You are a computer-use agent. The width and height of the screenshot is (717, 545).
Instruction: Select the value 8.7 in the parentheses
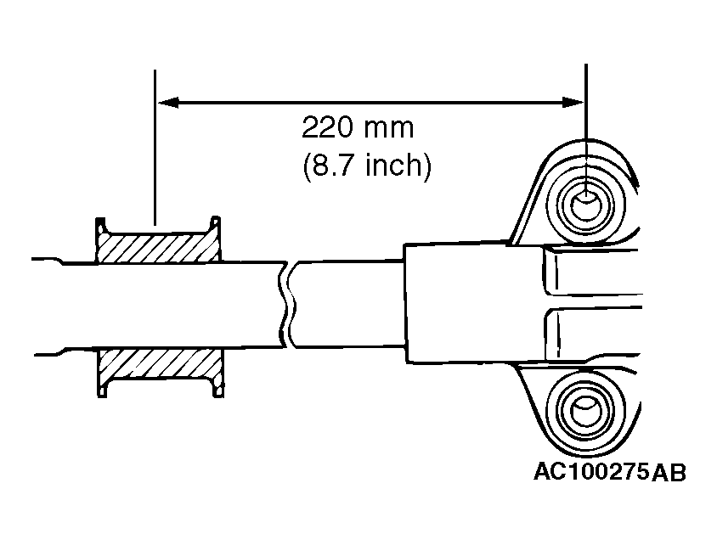[x=335, y=165]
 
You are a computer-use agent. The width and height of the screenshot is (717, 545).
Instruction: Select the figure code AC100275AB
[x=609, y=472]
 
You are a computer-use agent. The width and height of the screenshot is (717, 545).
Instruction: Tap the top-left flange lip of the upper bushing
[x=101, y=224]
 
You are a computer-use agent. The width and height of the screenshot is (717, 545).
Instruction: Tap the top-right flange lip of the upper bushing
[x=216, y=224]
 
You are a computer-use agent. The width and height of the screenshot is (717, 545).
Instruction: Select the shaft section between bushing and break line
[x=251, y=306]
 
